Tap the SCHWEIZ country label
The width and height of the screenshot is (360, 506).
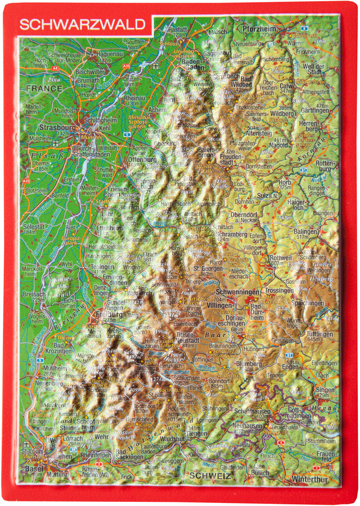(x=211, y=476)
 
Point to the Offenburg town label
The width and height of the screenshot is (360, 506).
(x=142, y=160)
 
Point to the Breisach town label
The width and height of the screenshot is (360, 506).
(x=34, y=293)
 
